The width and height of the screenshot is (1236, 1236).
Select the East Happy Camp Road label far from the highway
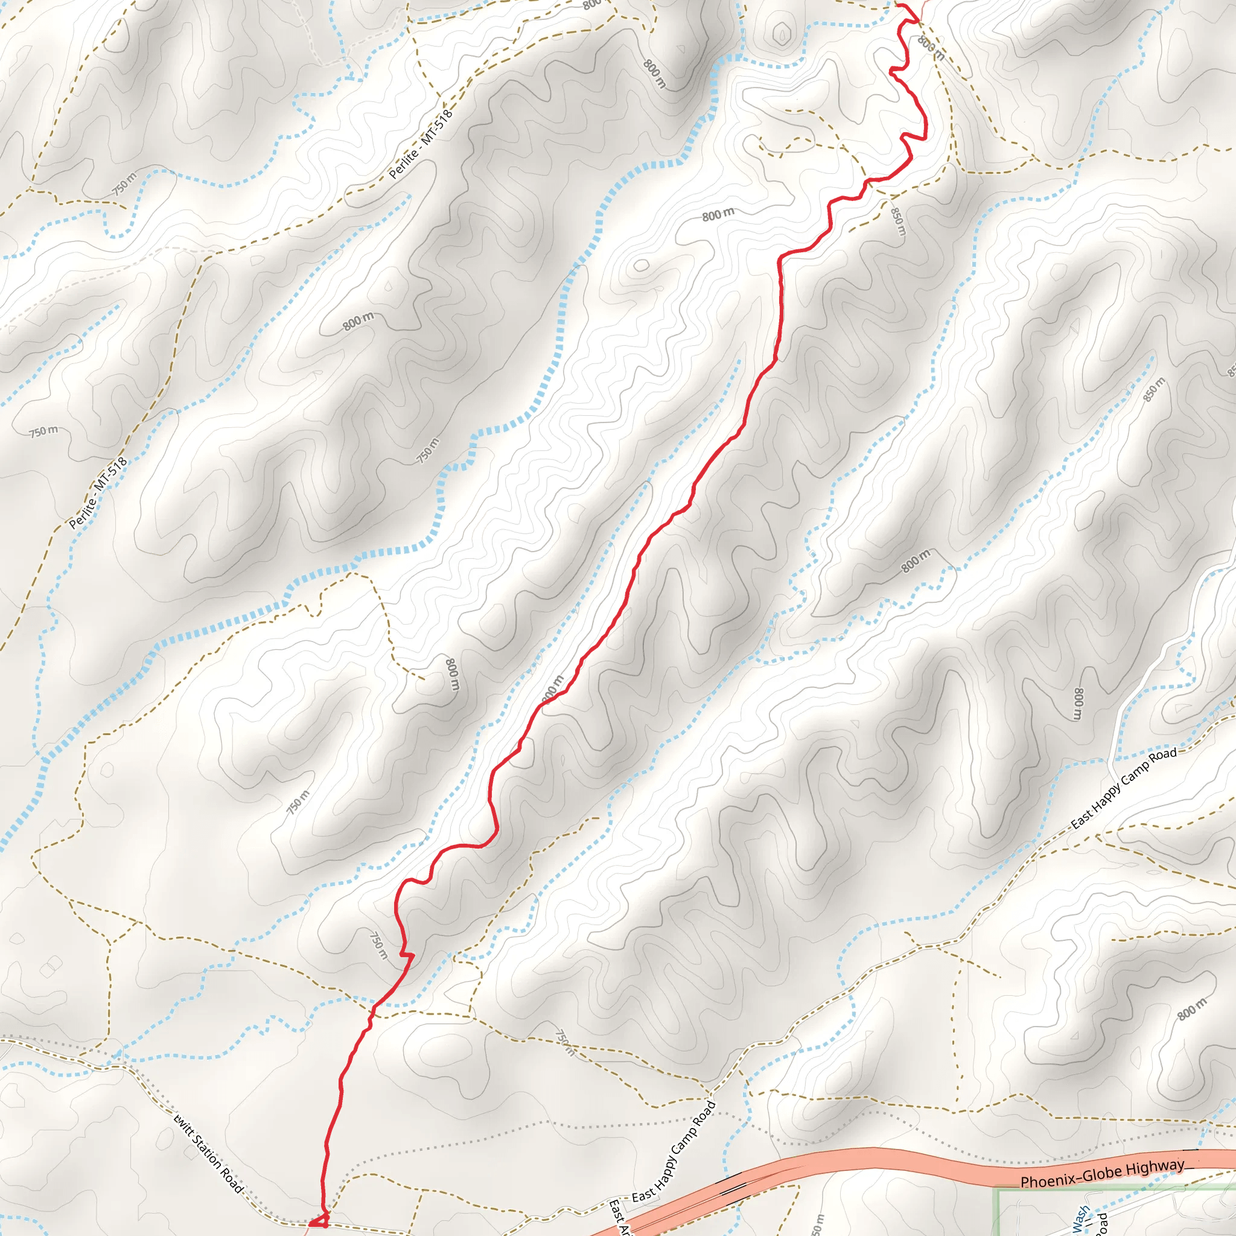point(1124,789)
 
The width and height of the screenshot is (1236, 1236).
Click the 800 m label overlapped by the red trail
point(552,690)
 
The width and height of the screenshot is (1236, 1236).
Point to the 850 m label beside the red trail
point(898,220)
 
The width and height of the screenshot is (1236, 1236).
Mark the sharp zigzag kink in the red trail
point(407,956)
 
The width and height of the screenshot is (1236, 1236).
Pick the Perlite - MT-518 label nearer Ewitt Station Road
point(98,493)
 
